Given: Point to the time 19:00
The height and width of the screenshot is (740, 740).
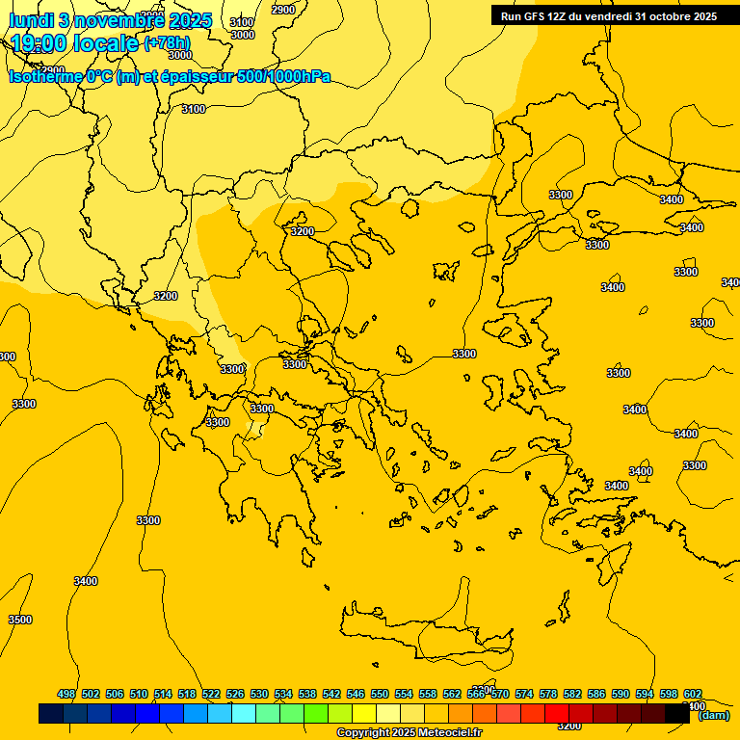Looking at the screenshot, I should click(x=40, y=42).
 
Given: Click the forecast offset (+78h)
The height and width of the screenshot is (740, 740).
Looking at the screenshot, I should click(x=167, y=42).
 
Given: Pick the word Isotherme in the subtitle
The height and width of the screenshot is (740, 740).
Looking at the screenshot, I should click(x=45, y=76).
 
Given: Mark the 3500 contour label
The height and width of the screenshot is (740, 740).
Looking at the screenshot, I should click(x=19, y=620).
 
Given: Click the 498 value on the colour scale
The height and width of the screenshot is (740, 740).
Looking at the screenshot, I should click(x=66, y=695).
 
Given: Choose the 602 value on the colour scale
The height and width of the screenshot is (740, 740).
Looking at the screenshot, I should click(x=693, y=695).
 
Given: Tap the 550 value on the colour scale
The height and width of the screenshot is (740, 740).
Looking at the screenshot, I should click(x=380, y=695).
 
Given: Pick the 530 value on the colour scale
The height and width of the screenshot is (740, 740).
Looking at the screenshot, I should click(x=259, y=695).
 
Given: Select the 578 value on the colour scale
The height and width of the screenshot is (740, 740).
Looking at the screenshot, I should click(x=548, y=695).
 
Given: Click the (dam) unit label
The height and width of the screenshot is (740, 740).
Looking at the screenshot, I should click(x=713, y=715).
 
